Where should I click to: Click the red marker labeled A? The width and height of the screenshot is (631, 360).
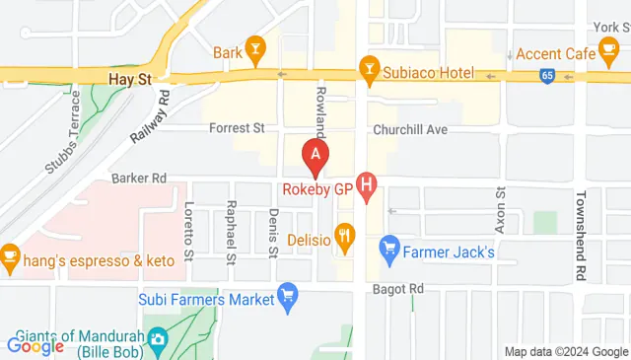click(x=315, y=154)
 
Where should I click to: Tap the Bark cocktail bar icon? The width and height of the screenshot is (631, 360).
click(x=255, y=47)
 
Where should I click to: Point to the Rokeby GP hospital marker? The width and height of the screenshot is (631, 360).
click(x=368, y=183)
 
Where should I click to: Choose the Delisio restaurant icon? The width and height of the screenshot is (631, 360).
click(x=344, y=236)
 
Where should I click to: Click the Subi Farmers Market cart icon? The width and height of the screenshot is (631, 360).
click(x=288, y=294)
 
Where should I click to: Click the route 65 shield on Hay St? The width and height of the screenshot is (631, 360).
click(x=547, y=75)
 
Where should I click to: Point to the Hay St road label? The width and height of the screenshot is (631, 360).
click(x=129, y=75)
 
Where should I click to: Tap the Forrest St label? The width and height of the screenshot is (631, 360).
click(x=237, y=128)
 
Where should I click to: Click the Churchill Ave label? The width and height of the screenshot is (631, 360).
click(x=410, y=129)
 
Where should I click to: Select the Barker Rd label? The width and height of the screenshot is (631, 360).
click(x=139, y=179)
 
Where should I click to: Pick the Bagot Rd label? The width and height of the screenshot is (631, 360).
click(x=398, y=289)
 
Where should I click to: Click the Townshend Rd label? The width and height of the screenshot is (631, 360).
click(x=583, y=221)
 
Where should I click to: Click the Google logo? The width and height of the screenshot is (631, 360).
click(x=35, y=346)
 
